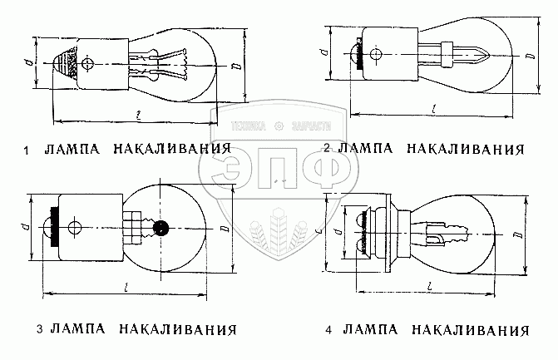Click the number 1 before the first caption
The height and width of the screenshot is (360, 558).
pyautogui.click(x=27, y=150)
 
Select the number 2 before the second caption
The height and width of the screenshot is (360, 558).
pyautogui.click(x=328, y=149)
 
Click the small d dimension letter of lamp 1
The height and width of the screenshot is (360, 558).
pyautogui.click(x=28, y=61)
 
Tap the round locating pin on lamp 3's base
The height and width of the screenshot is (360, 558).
pyautogui.click(x=76, y=226)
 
